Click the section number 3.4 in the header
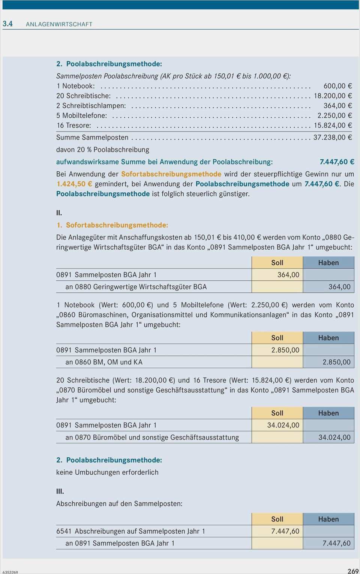(7, 24)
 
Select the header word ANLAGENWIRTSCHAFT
(59, 24)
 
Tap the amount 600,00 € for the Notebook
(337, 86)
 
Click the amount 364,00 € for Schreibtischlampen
(337, 106)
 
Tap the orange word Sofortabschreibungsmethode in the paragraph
(171, 174)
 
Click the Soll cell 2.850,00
(285, 350)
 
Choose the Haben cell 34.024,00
(334, 437)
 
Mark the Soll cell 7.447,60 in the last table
(285, 531)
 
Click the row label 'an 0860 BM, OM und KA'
(104, 362)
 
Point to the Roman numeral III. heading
(60, 491)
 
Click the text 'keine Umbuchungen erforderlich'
(107, 472)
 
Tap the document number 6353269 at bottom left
(10, 572)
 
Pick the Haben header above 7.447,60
(328, 519)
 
